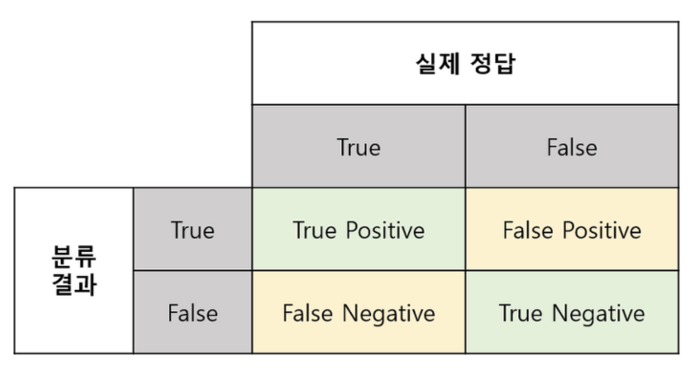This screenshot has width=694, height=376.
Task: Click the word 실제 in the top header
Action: (437, 63)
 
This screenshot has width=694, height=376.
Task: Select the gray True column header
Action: (359, 147)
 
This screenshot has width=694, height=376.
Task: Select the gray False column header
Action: (572, 147)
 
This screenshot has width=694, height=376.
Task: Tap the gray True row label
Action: (192, 230)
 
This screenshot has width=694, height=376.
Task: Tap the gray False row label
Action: (192, 313)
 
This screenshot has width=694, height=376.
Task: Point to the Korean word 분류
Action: (74, 256)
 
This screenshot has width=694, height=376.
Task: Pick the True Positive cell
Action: (359, 230)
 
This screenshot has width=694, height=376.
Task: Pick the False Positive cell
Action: (572, 230)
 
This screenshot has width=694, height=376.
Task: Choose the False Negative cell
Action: (359, 313)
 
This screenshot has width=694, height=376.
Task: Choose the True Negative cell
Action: (572, 313)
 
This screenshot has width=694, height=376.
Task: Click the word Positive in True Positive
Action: (385, 230)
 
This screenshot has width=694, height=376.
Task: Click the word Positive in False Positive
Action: (601, 230)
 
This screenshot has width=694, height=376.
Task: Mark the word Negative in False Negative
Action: (389, 313)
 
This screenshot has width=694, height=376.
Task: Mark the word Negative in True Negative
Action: (599, 313)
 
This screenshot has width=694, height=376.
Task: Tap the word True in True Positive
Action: (315, 230)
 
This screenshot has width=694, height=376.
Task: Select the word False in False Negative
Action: (307, 313)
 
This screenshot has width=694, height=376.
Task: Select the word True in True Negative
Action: (520, 313)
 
